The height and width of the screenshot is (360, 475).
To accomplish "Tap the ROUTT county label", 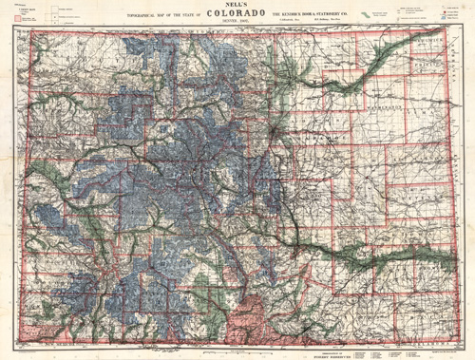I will click(114, 66).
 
